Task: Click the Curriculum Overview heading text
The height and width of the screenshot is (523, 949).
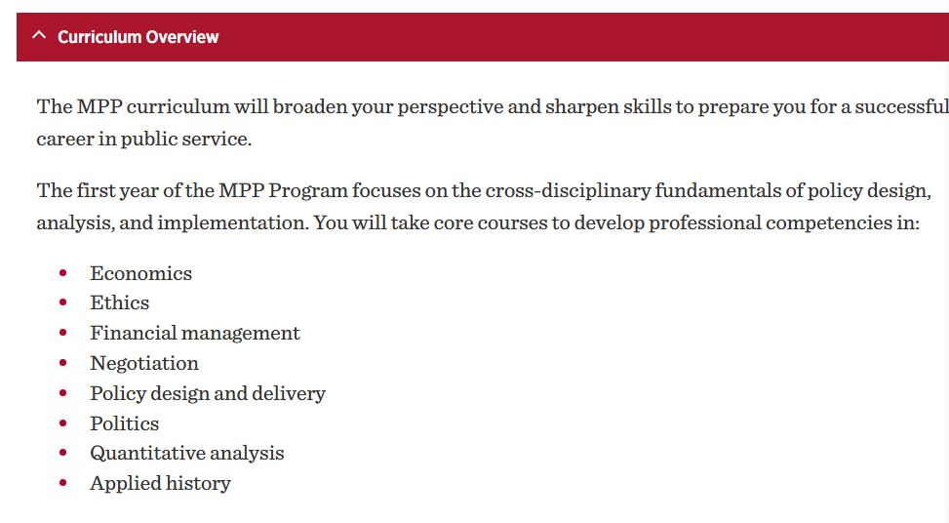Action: coord(138,37)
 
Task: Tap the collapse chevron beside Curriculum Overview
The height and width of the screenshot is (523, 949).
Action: coord(39,35)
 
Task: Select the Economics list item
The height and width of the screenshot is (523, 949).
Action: coord(141,273)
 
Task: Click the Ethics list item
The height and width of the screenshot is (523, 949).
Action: coord(120,302)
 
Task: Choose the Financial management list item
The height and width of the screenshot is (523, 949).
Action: coord(195,333)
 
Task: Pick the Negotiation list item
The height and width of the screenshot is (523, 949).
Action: coord(144,363)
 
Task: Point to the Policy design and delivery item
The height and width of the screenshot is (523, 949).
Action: coord(208,393)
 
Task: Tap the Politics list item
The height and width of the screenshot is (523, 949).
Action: coord(125,423)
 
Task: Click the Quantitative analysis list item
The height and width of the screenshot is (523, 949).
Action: coord(187,454)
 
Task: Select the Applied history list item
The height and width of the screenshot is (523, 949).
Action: coord(160,484)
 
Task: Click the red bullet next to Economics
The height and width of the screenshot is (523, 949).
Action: coord(63,273)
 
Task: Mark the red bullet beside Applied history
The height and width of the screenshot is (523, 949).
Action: coord(63,483)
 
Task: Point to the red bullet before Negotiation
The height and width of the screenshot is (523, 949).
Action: coord(63,363)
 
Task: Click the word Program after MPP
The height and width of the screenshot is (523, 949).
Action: coord(308,191)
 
